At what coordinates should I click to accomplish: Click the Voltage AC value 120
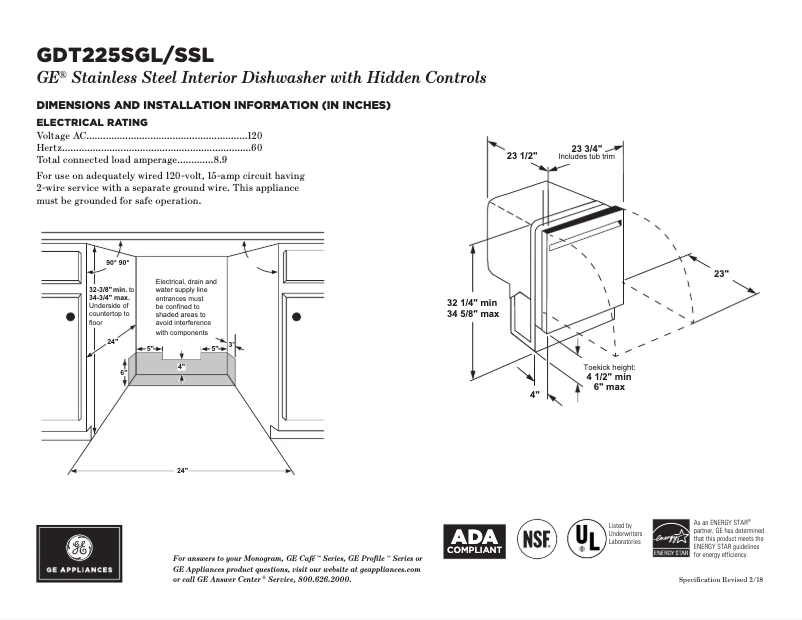(x=255, y=135)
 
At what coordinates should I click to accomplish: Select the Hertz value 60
(x=256, y=147)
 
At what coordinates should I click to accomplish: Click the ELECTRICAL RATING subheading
(x=92, y=122)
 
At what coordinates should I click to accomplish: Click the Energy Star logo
(x=670, y=539)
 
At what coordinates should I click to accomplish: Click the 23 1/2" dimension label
(x=521, y=156)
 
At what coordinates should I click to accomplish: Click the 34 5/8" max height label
(x=473, y=314)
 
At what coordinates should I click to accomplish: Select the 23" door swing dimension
(x=720, y=273)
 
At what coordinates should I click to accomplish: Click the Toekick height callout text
(x=609, y=368)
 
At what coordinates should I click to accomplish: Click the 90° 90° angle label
(x=117, y=262)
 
